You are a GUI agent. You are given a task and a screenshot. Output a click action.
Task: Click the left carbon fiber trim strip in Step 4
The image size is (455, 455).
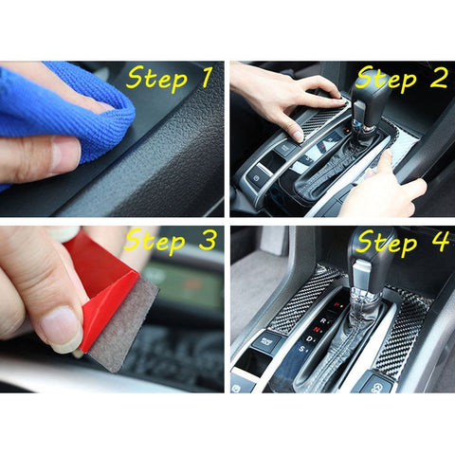[x=299, y=301]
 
